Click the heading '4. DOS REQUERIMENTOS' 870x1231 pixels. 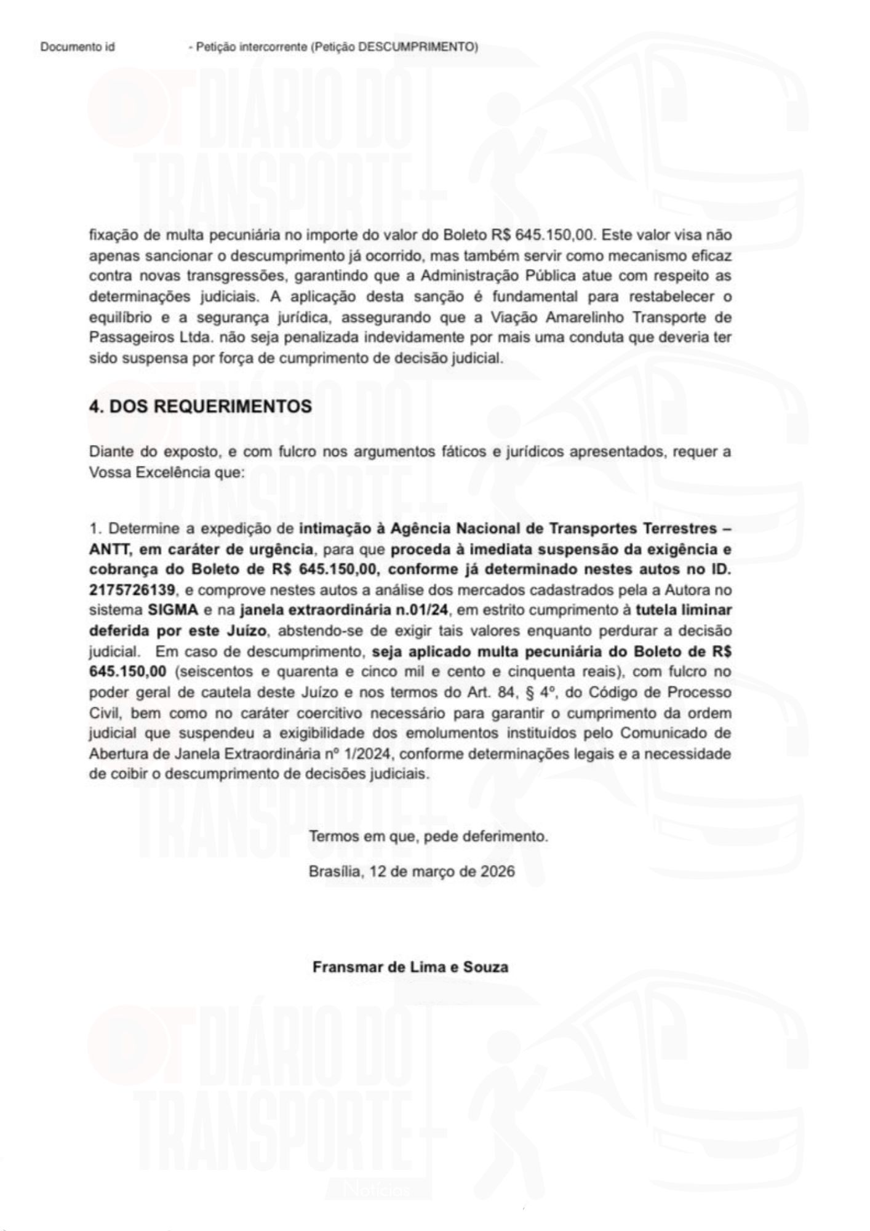(200, 407)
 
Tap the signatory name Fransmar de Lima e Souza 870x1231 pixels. (410, 966)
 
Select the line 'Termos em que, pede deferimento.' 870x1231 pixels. (428, 836)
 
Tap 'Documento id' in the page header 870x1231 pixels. (78, 47)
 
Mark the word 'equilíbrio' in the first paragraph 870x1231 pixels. (119, 318)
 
